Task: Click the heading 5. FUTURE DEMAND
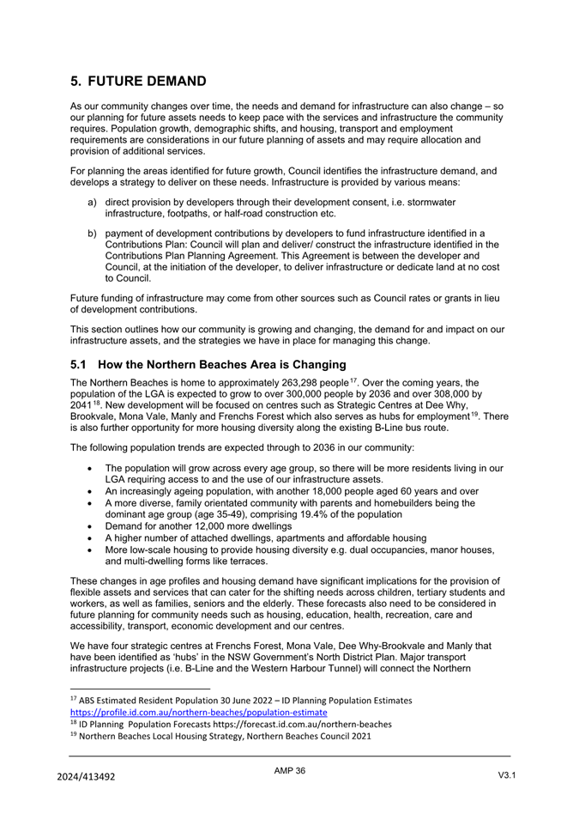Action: [138, 82]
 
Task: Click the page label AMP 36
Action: [290, 771]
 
